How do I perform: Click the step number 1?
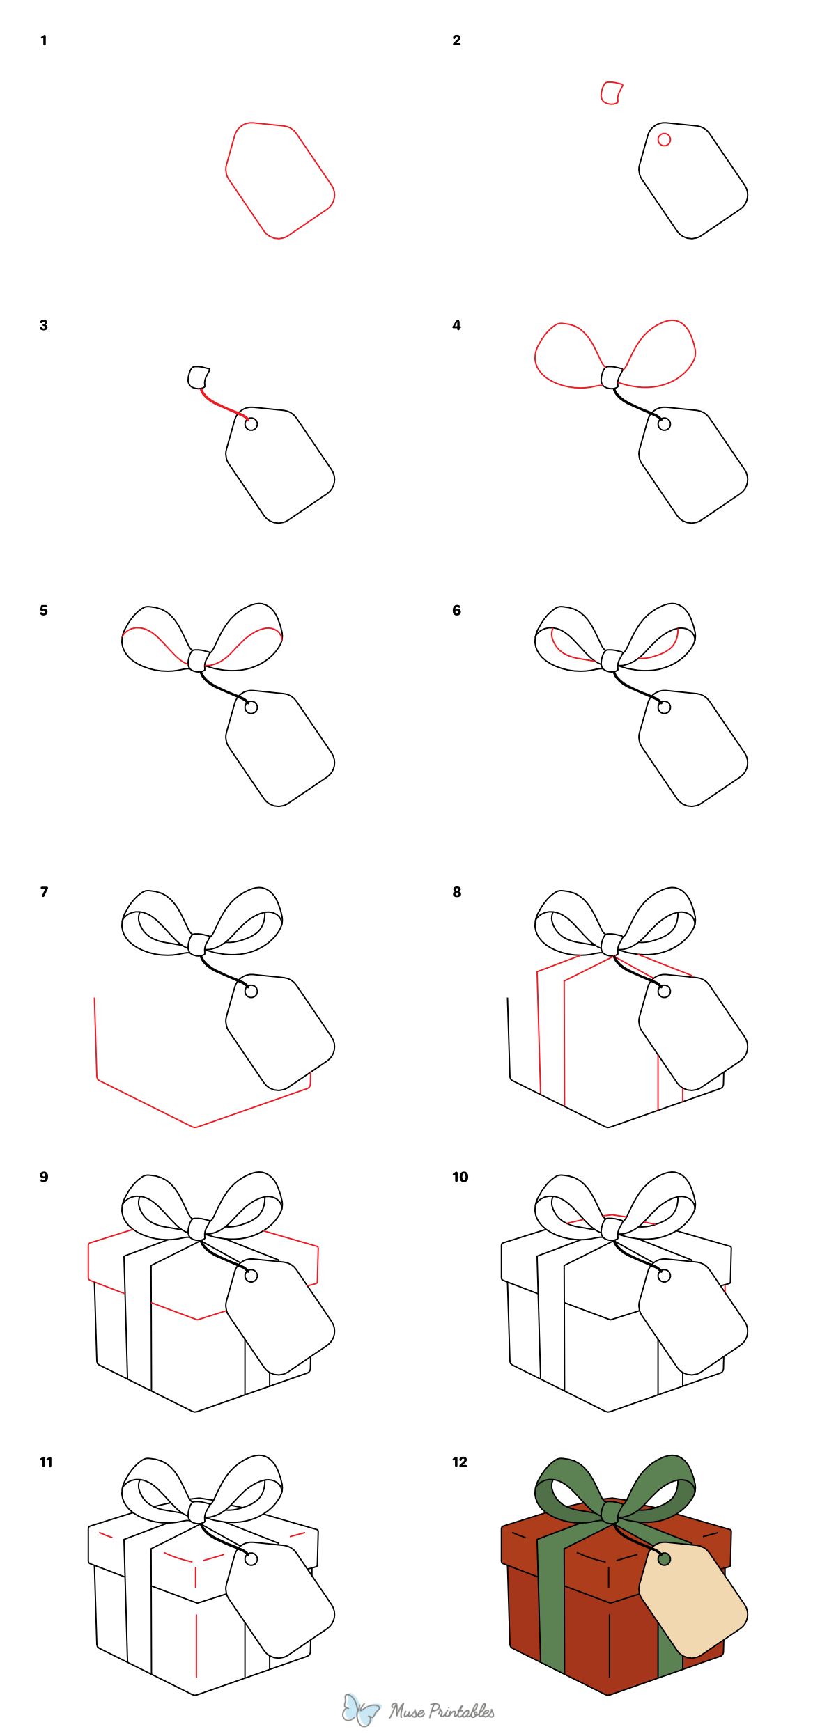43,40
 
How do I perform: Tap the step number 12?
460,1462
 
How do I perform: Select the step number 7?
44,892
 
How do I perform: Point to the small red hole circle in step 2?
664,140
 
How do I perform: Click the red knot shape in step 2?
611,93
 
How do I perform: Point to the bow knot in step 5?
198,660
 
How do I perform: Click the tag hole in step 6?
664,707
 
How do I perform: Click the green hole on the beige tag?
664,1559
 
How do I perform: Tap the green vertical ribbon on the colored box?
551,1602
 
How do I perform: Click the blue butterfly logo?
360,1710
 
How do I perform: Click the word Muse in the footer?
407,1711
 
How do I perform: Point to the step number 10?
460,1178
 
